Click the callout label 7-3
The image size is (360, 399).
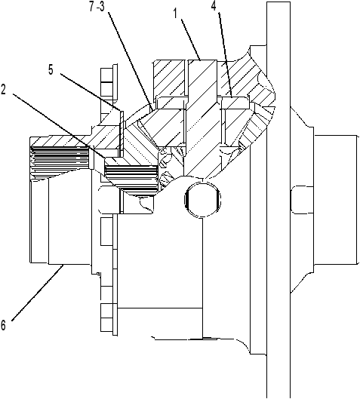click(x=97, y=7)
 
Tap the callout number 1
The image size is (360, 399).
click(x=175, y=14)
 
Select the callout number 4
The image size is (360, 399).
click(x=214, y=5)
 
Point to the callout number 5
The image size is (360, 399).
click(x=51, y=69)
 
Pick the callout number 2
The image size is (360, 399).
click(x=3, y=89)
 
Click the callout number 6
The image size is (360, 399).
click(x=3, y=325)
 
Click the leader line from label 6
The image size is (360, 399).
click(x=37, y=293)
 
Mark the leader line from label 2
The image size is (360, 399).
click(x=59, y=126)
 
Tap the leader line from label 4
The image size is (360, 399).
click(x=226, y=54)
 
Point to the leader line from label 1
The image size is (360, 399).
click(x=191, y=39)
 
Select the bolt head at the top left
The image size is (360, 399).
click(x=109, y=81)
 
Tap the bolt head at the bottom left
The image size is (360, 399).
click(x=109, y=318)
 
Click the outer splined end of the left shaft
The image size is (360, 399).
click(x=60, y=161)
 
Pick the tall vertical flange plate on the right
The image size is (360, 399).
click(x=278, y=199)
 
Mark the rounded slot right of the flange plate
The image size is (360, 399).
click(x=302, y=199)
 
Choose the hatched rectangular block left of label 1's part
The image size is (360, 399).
click(x=169, y=78)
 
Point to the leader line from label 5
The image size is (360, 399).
click(x=91, y=92)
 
